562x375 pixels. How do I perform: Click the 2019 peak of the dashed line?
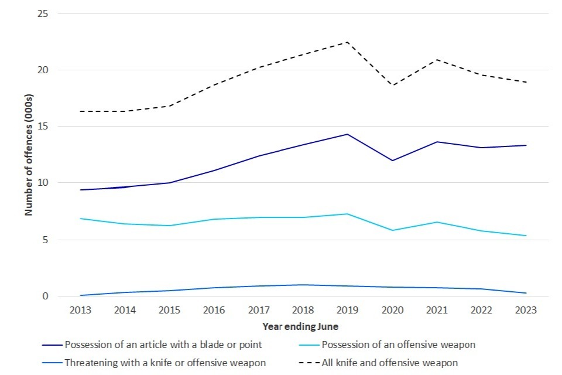tap(348, 42)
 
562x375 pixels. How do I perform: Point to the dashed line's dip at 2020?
tap(392, 86)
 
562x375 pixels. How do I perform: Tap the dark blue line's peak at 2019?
tap(348, 134)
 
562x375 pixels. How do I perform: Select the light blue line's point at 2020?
tap(392, 230)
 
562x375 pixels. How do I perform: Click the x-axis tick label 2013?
tap(80, 311)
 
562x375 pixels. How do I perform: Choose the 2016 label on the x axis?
tap(214, 311)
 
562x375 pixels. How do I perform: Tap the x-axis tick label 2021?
tap(437, 311)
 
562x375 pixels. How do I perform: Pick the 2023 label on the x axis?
tap(526, 311)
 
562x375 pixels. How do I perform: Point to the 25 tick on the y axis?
tap(42, 13)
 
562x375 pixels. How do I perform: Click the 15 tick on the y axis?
tap(42, 127)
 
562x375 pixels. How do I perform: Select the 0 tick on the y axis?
tap(44, 296)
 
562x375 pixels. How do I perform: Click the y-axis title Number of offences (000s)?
tap(29, 155)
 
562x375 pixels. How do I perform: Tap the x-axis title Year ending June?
tap(300, 326)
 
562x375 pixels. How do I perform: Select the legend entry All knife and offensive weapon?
tap(390, 363)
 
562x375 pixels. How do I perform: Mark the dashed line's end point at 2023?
tap(526, 83)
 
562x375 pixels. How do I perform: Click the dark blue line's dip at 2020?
tap(392, 161)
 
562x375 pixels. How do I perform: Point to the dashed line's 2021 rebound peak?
tap(437, 60)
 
